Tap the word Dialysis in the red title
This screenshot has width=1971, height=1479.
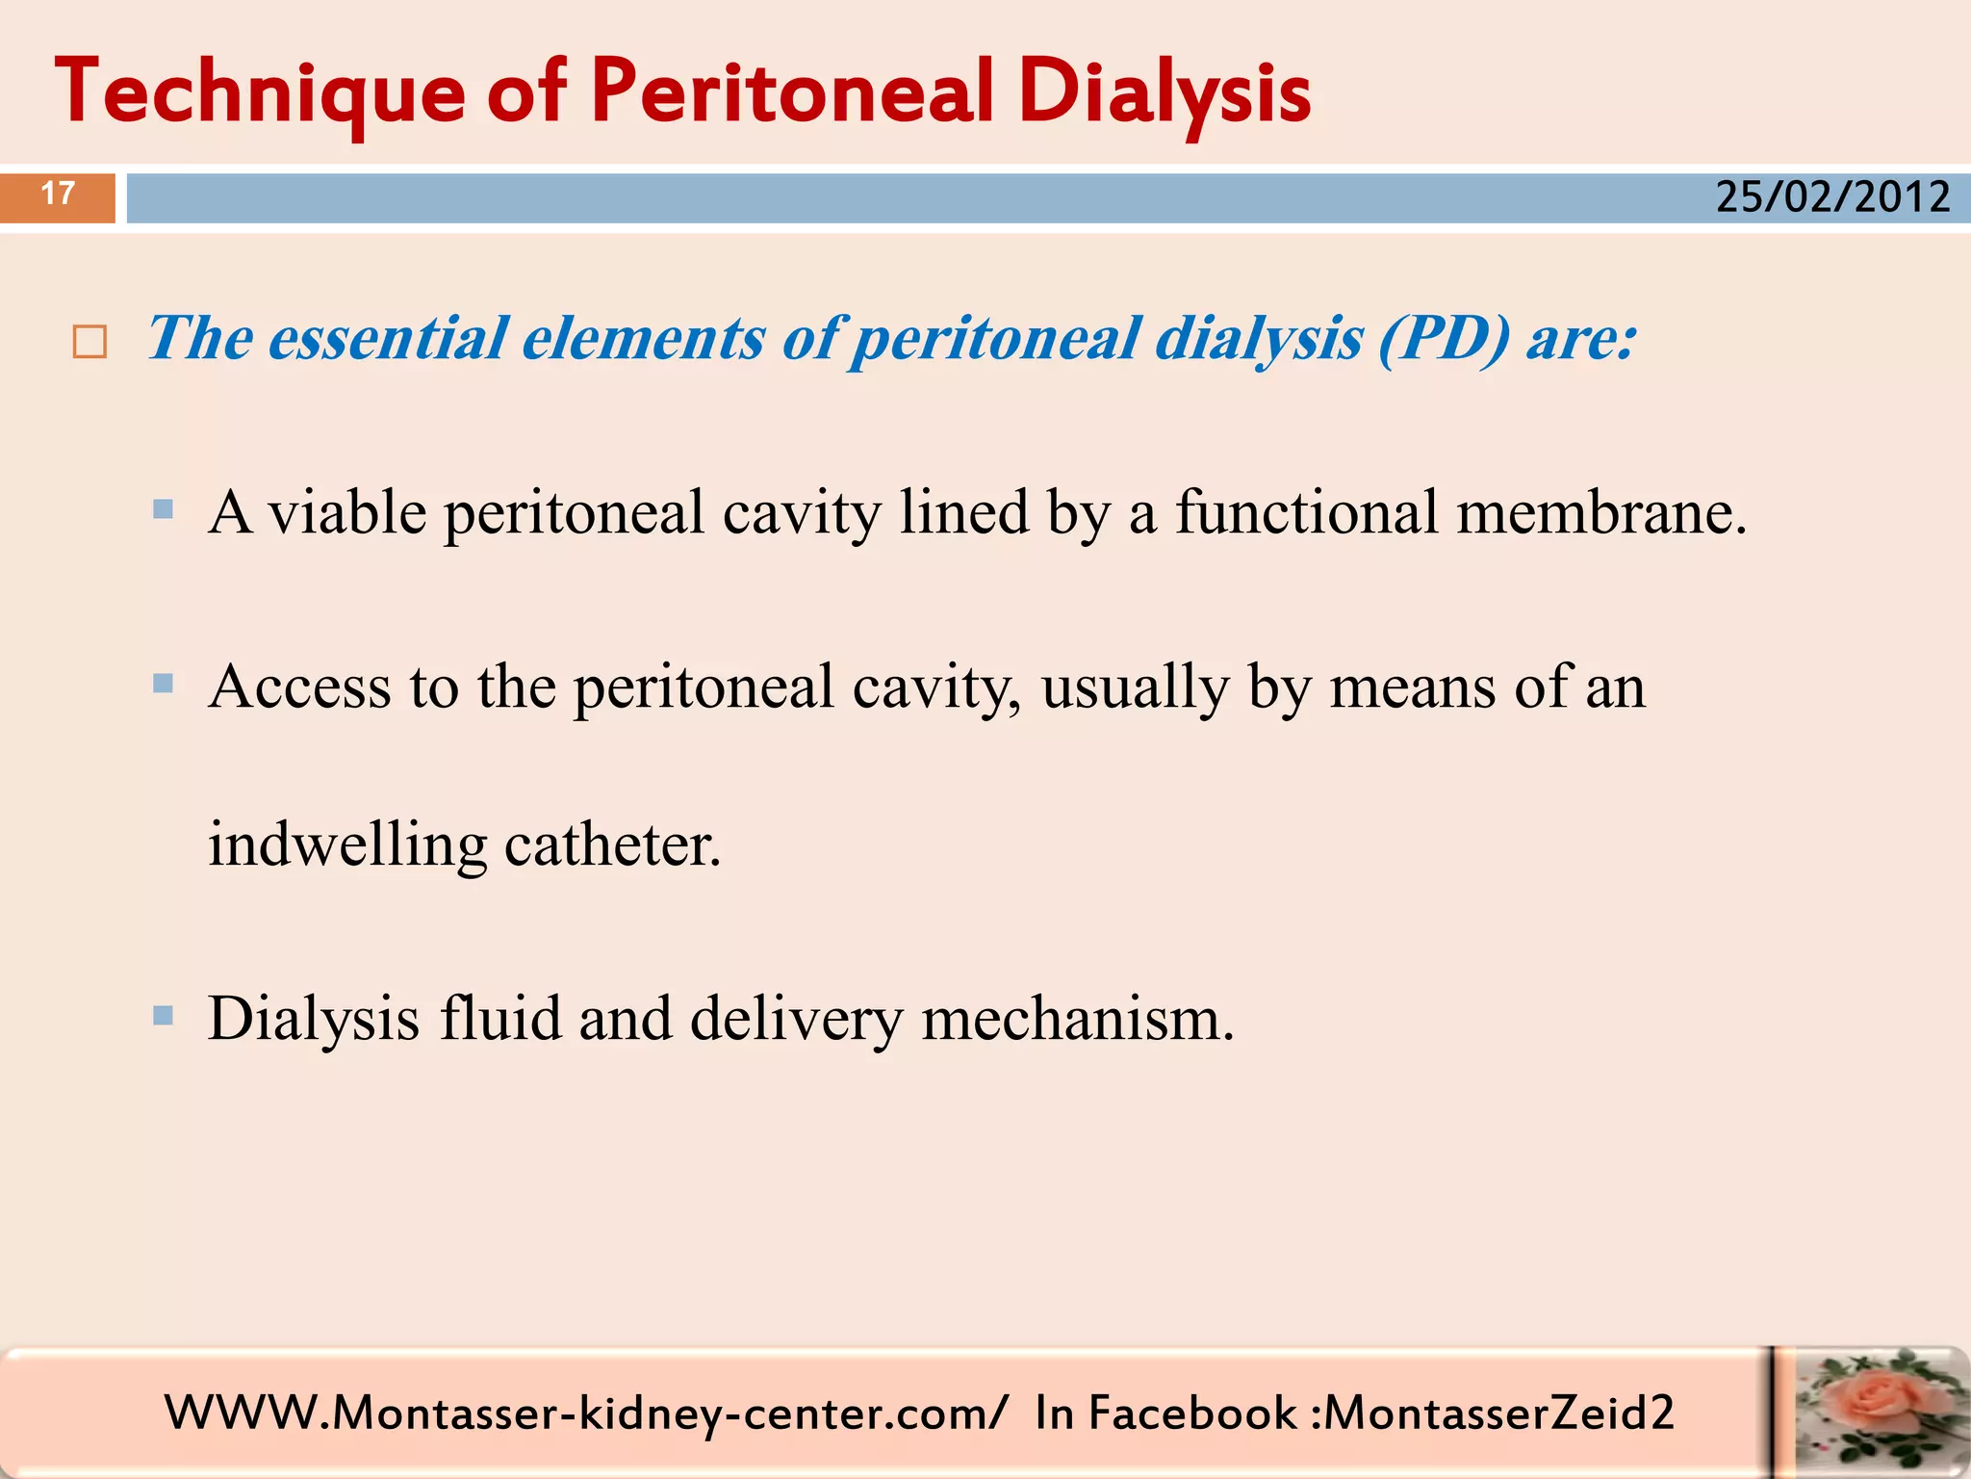(1164, 93)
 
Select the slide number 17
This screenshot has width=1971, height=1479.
(58, 195)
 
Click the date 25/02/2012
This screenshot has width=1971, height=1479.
(1832, 197)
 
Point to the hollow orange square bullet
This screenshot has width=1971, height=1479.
(90, 342)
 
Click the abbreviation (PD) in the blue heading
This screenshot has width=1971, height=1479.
(1444, 339)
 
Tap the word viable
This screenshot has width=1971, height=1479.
(346, 512)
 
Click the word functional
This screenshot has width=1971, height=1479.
(1306, 512)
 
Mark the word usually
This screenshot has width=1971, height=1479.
(1135, 688)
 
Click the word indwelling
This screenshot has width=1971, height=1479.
(347, 845)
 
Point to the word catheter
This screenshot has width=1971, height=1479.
(612, 845)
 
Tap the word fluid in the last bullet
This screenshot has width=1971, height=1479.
(499, 1019)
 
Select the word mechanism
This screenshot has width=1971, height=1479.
(1077, 1019)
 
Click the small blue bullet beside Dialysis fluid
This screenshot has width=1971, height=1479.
(163, 1015)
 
